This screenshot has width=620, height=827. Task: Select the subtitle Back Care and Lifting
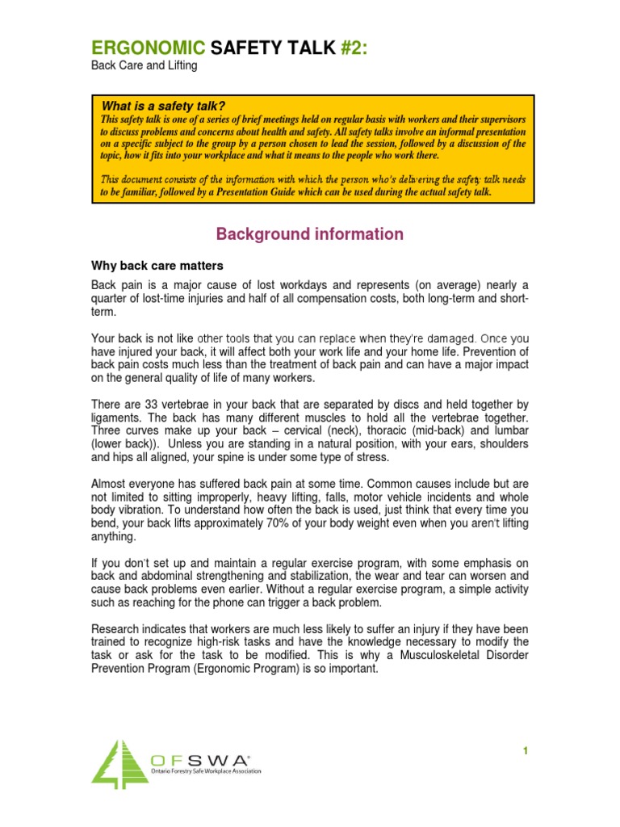[143, 67]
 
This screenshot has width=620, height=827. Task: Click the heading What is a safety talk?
[162, 107]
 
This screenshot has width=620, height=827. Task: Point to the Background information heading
[309, 234]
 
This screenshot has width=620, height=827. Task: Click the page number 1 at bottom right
[525, 751]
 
